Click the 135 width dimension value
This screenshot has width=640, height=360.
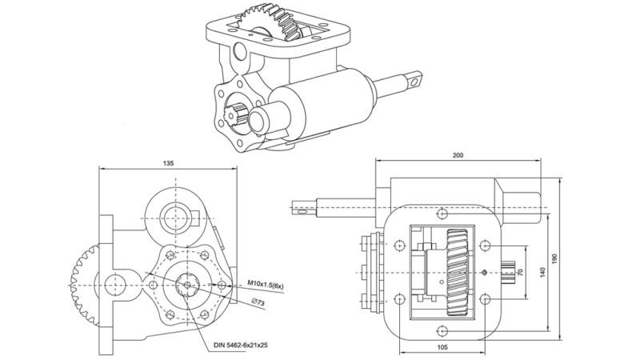click(168, 162)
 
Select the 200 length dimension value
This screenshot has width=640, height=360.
click(458, 156)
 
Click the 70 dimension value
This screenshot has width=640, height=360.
click(520, 272)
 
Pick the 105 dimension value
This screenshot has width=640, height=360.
click(442, 348)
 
